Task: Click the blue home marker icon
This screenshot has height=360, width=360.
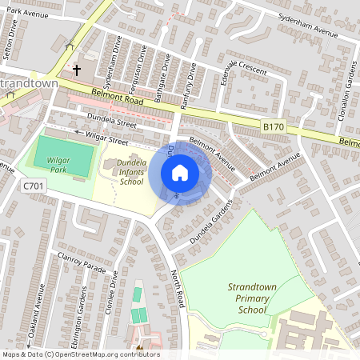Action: tap(180, 172)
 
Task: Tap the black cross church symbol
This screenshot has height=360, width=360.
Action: tap(77, 70)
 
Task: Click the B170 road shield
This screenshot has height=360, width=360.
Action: tap(274, 126)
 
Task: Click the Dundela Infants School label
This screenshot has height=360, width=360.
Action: tap(120, 172)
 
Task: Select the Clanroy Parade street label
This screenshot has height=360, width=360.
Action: tap(82, 263)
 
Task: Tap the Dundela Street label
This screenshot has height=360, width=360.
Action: tap(114, 122)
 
